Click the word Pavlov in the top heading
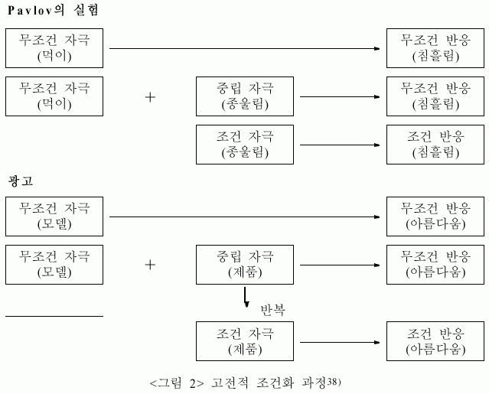click(31, 10)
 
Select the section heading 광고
click(21, 181)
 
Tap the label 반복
click(273, 310)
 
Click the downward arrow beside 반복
click(246, 297)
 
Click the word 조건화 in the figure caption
click(275, 383)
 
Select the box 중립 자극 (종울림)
click(245, 96)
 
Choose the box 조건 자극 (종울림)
click(245, 145)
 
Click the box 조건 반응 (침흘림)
click(435, 145)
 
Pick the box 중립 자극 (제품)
click(245, 265)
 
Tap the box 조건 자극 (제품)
click(245, 341)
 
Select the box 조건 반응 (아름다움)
click(435, 341)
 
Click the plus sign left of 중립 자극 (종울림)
click(150, 97)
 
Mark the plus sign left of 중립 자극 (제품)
click(150, 265)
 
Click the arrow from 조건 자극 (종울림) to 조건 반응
click(340, 145)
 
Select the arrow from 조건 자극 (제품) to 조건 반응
click(340, 343)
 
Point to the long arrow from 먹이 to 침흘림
click(245, 49)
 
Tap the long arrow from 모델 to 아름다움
click(245, 217)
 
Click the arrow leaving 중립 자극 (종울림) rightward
click(340, 97)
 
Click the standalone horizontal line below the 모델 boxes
click(54, 317)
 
